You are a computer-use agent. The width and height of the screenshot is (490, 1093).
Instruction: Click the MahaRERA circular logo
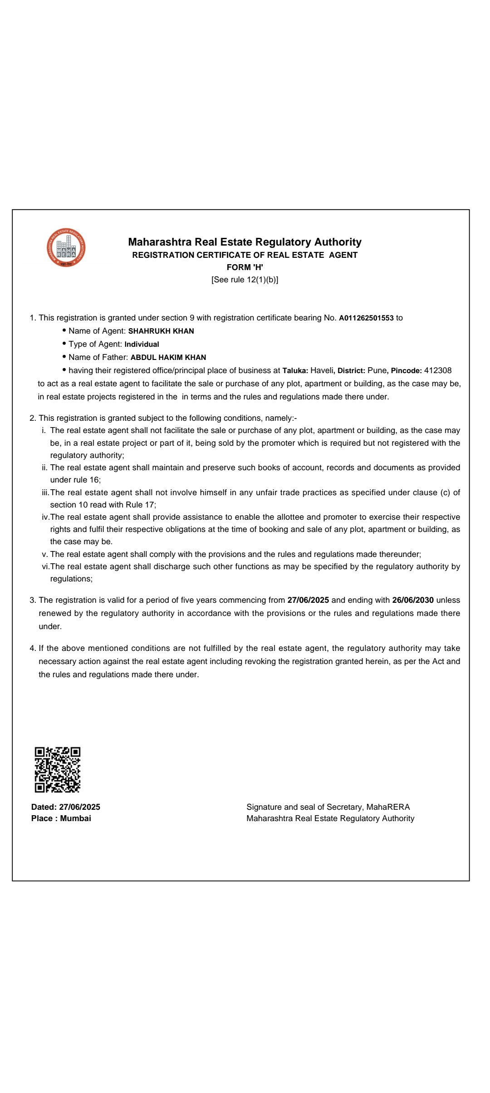66,247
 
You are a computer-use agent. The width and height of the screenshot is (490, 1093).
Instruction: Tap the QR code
58,770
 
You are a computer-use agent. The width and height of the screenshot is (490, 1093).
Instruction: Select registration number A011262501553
366,318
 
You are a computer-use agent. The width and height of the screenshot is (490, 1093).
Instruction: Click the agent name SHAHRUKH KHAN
161,331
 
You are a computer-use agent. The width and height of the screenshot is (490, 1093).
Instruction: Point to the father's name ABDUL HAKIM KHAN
168,358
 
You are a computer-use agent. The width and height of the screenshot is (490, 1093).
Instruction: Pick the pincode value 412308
438,370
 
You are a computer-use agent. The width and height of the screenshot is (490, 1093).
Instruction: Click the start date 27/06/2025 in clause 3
308,600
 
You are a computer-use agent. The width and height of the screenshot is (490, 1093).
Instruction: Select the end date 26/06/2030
413,600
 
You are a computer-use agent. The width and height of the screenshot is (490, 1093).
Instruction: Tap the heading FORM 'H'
245,267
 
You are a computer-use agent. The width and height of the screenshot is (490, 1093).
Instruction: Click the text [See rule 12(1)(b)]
245,280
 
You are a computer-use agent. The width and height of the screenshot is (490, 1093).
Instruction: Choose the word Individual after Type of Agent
142,345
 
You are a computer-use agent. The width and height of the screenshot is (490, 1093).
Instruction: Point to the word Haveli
322,370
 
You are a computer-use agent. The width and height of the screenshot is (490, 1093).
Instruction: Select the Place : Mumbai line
61,818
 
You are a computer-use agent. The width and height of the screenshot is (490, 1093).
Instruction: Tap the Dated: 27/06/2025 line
66,807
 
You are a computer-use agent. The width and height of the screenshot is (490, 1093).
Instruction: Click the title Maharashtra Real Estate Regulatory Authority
245,242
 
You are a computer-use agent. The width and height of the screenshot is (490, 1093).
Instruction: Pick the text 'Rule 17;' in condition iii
141,505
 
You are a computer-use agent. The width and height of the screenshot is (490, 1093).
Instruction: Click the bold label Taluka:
295,371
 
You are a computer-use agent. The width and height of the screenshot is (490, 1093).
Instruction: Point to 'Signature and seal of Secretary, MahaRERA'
328,807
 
